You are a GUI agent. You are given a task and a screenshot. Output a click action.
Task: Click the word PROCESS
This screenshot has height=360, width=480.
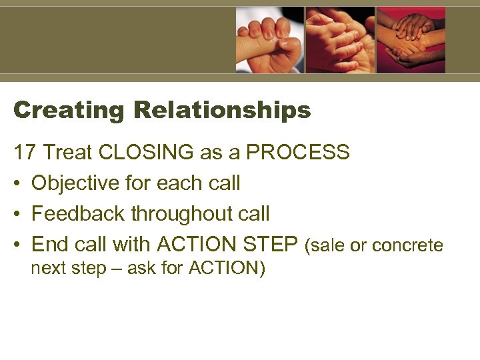pos(298,153)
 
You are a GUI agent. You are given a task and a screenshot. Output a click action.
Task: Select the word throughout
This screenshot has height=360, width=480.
pos(179,214)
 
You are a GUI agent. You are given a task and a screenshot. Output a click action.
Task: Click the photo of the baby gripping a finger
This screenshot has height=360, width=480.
pos(269,40)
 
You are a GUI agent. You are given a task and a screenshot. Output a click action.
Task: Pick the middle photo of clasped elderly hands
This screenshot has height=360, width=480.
pos(340,40)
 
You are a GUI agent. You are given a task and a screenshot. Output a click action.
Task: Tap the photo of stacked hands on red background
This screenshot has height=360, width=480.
pos(411,40)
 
